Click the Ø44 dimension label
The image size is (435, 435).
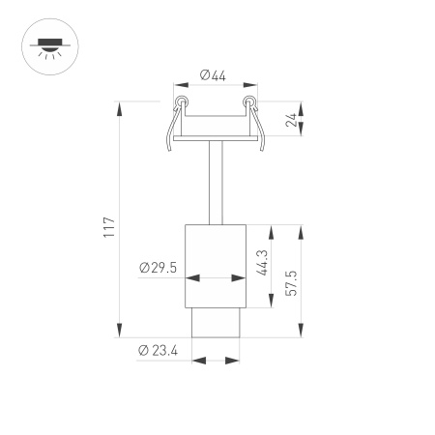point(215,75)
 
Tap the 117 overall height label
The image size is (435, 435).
point(109,226)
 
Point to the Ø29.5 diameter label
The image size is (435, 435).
point(158,268)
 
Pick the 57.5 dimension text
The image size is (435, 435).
point(291,282)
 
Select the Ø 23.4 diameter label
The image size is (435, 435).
point(158,350)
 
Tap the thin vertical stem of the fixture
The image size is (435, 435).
point(215,184)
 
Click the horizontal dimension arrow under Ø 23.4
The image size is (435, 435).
point(215,362)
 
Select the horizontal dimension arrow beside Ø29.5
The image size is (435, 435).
point(215,278)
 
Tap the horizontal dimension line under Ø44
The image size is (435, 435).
point(215,88)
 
